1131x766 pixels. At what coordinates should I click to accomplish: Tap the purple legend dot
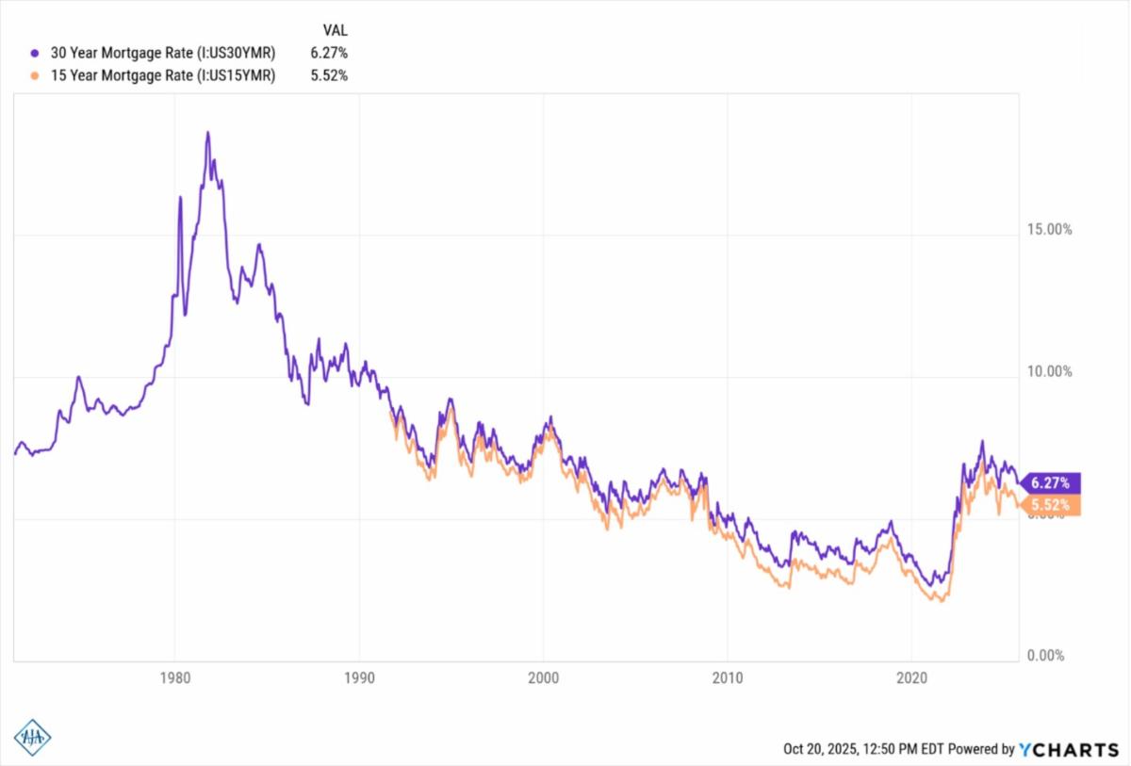point(35,53)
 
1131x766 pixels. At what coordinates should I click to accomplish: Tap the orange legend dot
point(35,76)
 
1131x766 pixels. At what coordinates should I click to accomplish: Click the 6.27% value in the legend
point(329,53)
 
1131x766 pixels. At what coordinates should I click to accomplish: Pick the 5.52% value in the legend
point(329,76)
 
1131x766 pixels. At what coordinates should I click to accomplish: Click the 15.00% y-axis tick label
point(1048,230)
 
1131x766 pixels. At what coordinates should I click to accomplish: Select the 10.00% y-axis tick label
point(1048,371)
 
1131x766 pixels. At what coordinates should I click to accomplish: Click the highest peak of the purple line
point(207,133)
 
